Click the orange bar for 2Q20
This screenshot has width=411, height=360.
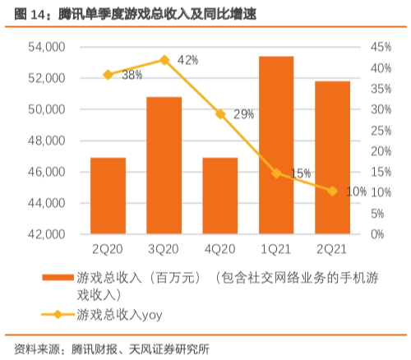coord(108,196)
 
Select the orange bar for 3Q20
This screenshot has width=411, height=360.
coord(164,165)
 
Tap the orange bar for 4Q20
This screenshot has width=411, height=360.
coord(219,196)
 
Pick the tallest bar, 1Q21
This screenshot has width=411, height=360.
coord(275,145)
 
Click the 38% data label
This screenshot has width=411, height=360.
coord(132,75)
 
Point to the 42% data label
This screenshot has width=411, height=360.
coord(187,61)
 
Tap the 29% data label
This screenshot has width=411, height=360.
coord(243,114)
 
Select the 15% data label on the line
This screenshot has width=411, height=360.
coord(300,173)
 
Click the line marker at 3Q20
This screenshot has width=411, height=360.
coord(164,60)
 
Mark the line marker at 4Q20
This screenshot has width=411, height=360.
coord(219,114)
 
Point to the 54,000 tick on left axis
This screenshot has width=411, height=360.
coord(47,47)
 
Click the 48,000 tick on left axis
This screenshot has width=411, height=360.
coord(47,141)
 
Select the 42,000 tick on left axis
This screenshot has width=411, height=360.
coord(47,234)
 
